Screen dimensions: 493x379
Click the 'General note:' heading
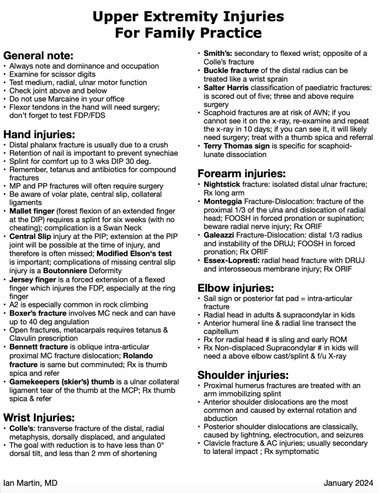point(38,55)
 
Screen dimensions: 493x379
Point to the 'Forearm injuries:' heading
point(241,173)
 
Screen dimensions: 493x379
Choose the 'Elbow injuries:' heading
point(236,288)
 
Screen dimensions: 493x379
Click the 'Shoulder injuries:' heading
point(243,374)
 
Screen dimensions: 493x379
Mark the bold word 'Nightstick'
point(224,185)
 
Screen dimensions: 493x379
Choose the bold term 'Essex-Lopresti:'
point(232,260)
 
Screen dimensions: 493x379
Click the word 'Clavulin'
point(25,338)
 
